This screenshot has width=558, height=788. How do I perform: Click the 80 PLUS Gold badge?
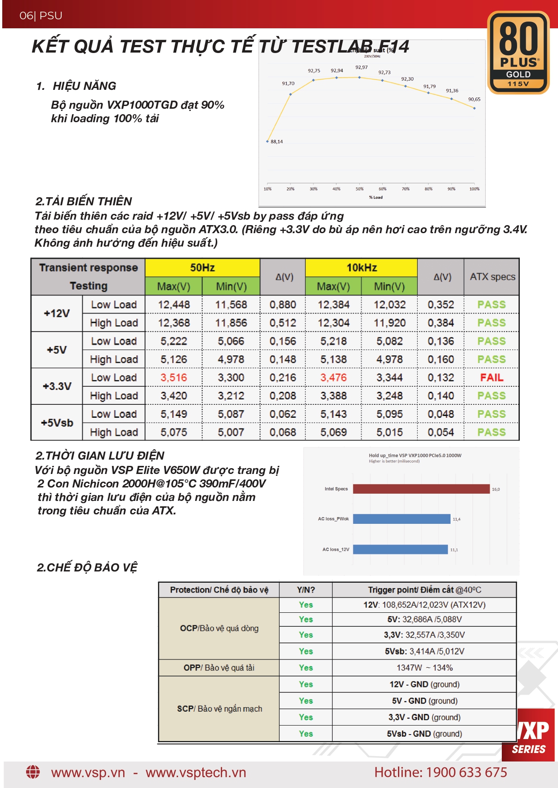coord(518,53)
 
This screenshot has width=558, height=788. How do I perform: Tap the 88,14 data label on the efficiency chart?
coord(277,142)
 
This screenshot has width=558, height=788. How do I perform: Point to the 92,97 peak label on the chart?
coord(362,67)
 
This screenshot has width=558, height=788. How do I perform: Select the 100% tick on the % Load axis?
coord(474,189)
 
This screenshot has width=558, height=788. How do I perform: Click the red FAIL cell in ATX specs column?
coord(491,377)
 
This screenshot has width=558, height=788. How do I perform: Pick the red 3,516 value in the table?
coord(174,377)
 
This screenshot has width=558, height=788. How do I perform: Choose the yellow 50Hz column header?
coord(202,268)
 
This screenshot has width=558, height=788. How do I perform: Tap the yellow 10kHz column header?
coord(362,268)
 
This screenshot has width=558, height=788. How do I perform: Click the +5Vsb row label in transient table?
coord(57,423)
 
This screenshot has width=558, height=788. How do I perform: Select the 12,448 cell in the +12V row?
coord(174,305)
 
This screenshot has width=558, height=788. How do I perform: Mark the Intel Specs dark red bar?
coord(421,489)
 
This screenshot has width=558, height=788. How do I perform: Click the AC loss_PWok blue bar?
coord(401,519)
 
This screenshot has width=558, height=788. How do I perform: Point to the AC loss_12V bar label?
coord(335,549)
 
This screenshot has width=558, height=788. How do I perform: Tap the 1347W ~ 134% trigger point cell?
coord(424,668)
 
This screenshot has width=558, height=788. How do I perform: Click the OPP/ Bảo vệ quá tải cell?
coord(219,668)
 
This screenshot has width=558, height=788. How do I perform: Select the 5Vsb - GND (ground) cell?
coord(424,734)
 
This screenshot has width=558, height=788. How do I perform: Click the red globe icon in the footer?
coord(33,772)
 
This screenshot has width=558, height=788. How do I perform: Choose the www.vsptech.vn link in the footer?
coord(196,772)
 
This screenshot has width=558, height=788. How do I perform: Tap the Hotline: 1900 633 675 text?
coord(441,772)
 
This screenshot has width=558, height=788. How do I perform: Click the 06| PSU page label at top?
coord(41,16)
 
